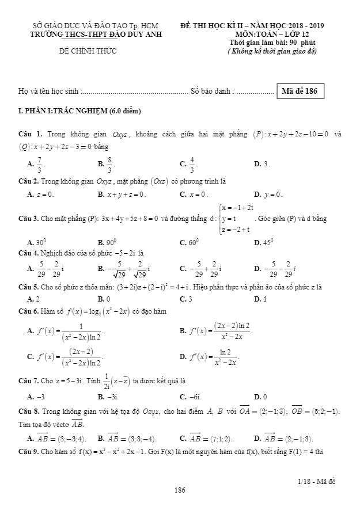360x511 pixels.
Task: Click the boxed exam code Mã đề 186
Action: tap(300, 91)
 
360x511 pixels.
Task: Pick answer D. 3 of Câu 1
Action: tap(262, 164)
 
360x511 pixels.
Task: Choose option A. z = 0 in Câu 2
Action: tap(40, 195)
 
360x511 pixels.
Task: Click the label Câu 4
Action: tap(29, 252)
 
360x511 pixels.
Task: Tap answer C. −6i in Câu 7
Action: tap(190, 396)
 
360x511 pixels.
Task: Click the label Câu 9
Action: tap(29, 450)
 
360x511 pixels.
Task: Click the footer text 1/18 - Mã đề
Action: tap(317, 481)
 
